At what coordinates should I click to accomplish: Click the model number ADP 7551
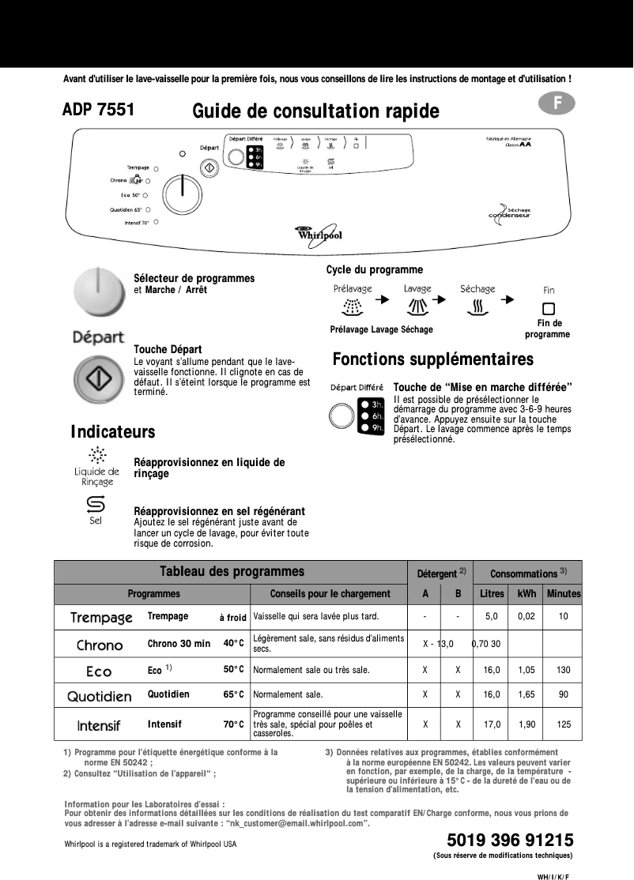click(x=98, y=110)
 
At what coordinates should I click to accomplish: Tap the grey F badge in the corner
click(x=557, y=103)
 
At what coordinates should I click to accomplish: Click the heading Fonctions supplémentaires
click(x=432, y=359)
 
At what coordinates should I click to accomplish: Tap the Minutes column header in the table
click(x=563, y=593)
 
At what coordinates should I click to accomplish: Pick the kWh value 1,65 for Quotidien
click(x=526, y=695)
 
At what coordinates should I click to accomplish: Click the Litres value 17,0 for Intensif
click(x=491, y=724)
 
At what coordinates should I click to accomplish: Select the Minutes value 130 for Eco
click(x=563, y=670)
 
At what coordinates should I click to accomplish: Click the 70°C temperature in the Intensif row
click(x=233, y=724)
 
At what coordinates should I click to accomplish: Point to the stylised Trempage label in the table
click(x=101, y=617)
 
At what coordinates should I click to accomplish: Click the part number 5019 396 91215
click(x=510, y=839)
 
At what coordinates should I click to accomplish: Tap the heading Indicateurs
click(x=113, y=432)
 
